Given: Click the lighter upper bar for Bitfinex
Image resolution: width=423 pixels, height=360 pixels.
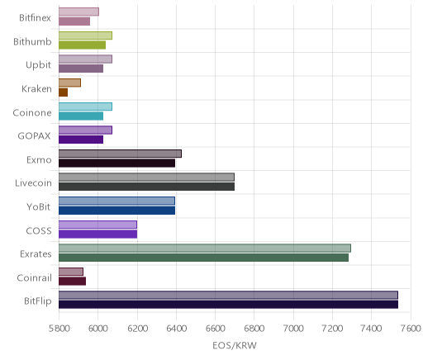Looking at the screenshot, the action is tap(78, 12).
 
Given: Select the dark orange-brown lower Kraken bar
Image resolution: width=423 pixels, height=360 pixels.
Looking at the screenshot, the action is tap(63, 92).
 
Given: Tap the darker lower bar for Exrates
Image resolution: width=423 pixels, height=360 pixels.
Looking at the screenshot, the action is tap(203, 258).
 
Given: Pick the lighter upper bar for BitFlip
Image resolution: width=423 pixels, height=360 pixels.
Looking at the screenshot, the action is tap(228, 295).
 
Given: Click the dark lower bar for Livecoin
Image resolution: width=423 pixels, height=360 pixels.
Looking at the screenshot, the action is tap(146, 187).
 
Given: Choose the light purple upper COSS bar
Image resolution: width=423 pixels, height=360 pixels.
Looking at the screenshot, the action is tap(97, 225).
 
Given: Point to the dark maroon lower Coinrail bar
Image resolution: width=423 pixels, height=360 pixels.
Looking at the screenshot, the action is tap(72, 282).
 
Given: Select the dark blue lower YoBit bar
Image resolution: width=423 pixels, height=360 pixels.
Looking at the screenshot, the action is tap(116, 211).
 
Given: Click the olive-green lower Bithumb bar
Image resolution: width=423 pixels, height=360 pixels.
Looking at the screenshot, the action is tap(82, 45).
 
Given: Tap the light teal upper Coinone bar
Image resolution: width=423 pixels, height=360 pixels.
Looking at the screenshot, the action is tap(85, 107).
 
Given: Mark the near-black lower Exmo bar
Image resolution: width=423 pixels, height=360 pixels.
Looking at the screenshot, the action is tap(116, 163).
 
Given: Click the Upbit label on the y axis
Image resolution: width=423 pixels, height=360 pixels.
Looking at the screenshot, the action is tap(38, 65).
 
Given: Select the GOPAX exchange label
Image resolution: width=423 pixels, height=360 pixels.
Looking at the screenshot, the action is tap(34, 136).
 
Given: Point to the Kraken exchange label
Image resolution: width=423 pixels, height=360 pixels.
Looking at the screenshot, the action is tap(36, 89).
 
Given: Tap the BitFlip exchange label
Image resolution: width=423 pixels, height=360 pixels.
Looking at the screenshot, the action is tap(38, 301).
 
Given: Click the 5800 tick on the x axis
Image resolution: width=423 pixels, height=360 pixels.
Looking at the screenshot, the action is tap(59, 329).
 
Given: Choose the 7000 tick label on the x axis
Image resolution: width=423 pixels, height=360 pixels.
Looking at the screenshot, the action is tap(293, 329).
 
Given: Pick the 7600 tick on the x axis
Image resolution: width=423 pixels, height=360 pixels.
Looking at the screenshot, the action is tap(411, 329).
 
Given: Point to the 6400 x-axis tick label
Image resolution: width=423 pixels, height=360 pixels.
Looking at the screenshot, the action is tap(176, 329).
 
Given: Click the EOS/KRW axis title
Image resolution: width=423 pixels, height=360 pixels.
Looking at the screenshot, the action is tap(235, 345).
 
